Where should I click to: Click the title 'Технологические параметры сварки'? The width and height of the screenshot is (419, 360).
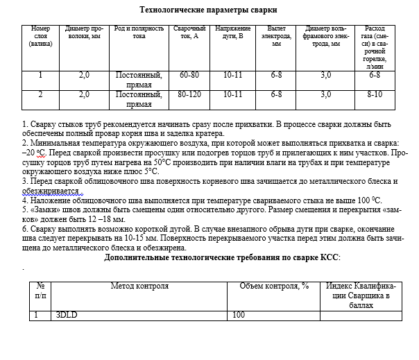[x=209, y=10]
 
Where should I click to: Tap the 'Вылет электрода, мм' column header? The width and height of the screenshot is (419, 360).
[x=276, y=36]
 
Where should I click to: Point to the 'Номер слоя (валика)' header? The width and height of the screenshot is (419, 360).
[x=40, y=36]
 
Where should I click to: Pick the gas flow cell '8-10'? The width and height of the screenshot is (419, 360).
[x=375, y=94]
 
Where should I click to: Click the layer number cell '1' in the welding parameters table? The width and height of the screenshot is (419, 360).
[x=40, y=74]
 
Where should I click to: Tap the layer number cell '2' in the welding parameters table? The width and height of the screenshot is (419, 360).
[x=40, y=94]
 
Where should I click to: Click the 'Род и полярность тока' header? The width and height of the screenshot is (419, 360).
[x=139, y=33]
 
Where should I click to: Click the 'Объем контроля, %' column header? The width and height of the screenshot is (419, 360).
[x=273, y=286]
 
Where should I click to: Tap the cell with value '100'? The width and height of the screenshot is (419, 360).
[x=239, y=315]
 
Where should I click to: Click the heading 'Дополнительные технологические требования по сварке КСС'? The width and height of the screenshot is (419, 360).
[x=222, y=257]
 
